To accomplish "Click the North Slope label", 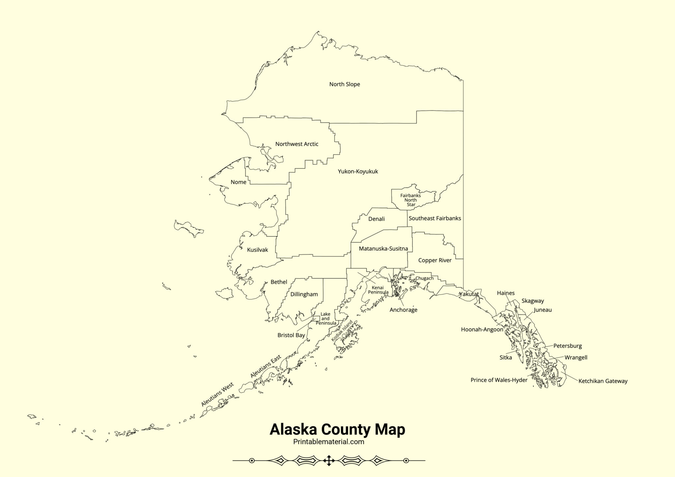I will [x=344, y=84].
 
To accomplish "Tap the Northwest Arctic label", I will [x=297, y=144].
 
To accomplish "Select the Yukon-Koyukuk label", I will [x=358, y=171].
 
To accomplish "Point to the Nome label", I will [x=238, y=182].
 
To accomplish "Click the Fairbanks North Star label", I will [x=411, y=200].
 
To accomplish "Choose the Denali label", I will [x=376, y=219].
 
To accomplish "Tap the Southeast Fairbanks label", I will [x=435, y=218].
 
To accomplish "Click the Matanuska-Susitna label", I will [x=383, y=249].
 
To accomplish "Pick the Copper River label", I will [x=435, y=261].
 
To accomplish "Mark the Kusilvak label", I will [x=257, y=250].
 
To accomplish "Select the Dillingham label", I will [x=304, y=295].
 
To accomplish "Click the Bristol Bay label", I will [x=291, y=335].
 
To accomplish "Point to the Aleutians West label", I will [x=218, y=394].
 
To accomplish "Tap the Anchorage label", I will [x=403, y=310].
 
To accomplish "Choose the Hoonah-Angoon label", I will [x=482, y=329].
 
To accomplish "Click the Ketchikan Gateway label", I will [x=603, y=381].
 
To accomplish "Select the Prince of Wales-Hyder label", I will [x=499, y=380].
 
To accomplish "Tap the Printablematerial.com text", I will [x=329, y=442].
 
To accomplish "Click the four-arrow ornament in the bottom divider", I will [x=329, y=461].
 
